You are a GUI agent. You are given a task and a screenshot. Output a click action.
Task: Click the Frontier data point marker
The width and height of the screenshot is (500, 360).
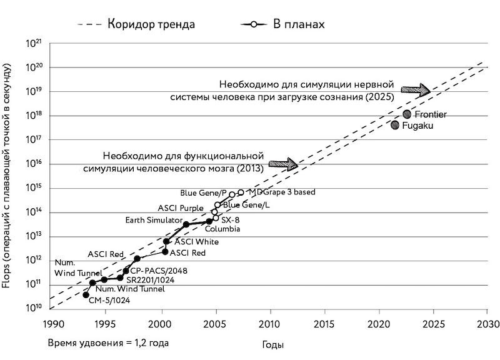[407, 114]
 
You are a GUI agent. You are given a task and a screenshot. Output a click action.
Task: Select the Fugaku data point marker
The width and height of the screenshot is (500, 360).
[395, 125]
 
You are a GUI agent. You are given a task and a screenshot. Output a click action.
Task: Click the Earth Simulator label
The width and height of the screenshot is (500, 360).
[152, 219]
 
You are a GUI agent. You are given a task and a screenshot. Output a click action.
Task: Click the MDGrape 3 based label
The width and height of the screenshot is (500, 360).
[282, 192]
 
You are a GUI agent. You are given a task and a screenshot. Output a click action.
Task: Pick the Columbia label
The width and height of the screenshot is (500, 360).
[222, 229]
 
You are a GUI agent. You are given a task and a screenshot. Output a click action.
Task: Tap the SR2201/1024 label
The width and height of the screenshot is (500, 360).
[150, 280]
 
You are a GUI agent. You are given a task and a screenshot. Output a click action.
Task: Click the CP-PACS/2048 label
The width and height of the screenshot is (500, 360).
[159, 271]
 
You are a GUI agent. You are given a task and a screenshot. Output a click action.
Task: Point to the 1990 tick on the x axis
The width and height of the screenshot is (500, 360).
[52, 324]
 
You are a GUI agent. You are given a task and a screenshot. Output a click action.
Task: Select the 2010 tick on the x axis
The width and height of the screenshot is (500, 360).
[270, 324]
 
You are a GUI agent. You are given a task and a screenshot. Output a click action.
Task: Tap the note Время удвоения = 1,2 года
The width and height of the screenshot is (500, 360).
[108, 343]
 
